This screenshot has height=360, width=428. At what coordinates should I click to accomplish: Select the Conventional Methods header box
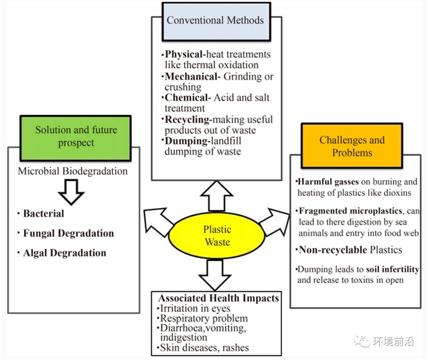215,20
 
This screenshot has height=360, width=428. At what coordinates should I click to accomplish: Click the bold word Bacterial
44,214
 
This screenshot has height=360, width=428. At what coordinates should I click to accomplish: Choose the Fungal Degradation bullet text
68,234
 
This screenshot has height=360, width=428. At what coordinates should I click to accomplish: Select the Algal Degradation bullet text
64,253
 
